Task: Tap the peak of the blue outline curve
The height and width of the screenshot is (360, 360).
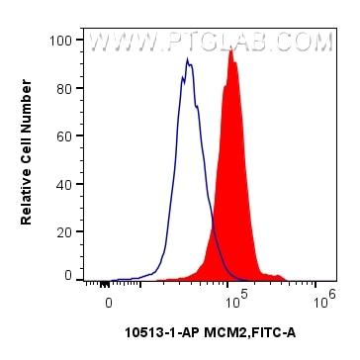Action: [x=186, y=59]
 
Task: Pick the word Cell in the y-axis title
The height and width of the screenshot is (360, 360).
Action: [x=27, y=146]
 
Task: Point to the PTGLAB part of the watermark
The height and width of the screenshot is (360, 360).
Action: [x=214, y=44]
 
